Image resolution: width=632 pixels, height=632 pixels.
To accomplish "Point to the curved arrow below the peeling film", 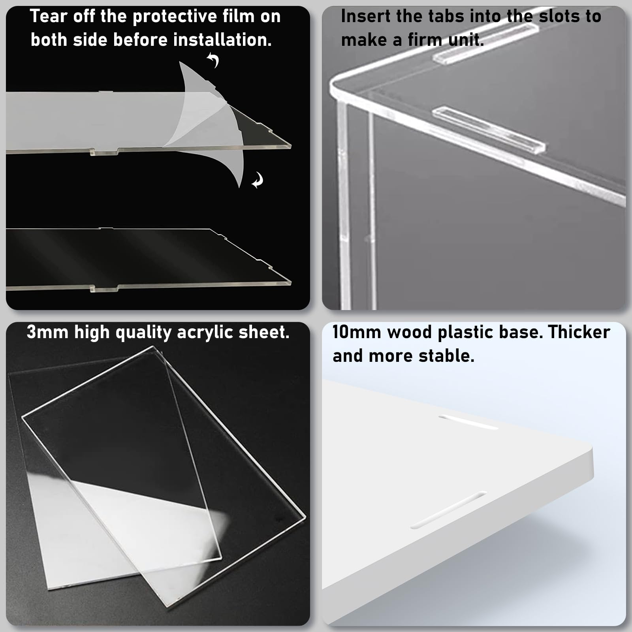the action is click(258, 180).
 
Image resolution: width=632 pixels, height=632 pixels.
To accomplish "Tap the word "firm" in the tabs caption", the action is click(426, 40).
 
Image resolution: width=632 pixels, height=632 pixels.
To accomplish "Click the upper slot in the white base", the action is click(468, 422).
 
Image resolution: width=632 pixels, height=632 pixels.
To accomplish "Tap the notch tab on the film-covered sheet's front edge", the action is click(105, 152).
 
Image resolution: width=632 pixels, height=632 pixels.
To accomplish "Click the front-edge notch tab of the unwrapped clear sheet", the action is click(105, 289).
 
